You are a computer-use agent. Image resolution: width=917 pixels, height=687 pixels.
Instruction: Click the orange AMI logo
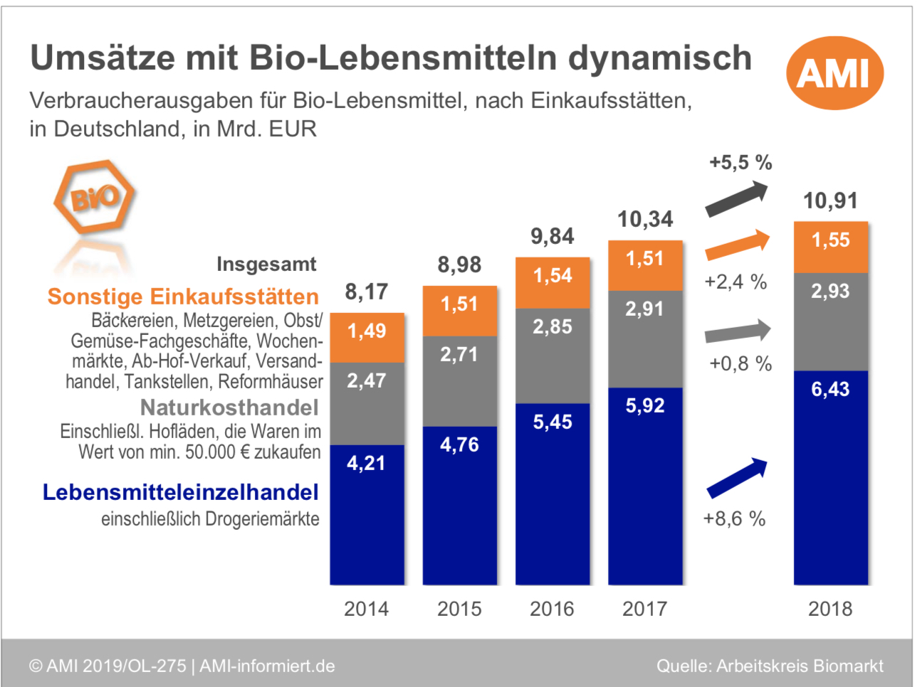pos(834,73)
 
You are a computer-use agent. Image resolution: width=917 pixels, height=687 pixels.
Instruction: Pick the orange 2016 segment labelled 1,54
pos(552,282)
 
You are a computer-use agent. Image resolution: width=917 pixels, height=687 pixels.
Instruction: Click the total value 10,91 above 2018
pos(830,201)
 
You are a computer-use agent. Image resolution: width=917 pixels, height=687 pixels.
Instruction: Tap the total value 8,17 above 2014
pos(367,292)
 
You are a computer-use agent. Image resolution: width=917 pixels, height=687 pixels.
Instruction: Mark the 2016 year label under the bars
pos(552,609)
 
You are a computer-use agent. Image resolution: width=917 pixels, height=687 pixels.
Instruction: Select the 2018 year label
pos(830,609)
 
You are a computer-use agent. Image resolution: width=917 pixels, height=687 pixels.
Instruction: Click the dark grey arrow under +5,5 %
pos(737,198)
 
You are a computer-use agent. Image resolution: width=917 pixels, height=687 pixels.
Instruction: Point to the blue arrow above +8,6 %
pos(737,478)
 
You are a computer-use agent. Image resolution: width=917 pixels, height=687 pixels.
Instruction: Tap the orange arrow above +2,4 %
pos(738,245)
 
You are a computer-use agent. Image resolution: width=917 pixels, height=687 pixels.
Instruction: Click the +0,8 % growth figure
pos(740,364)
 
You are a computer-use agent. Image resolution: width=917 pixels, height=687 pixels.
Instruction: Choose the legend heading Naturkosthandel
pos(229,408)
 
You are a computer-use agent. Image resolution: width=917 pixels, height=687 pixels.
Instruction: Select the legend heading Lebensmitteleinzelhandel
pos(181,492)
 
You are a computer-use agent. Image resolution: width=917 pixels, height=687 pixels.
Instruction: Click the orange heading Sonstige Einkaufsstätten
pos(183,297)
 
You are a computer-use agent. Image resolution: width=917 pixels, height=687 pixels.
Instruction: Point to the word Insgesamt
pos(266,265)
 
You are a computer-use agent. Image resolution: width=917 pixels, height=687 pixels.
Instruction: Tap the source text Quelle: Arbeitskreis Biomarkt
pos(770,666)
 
